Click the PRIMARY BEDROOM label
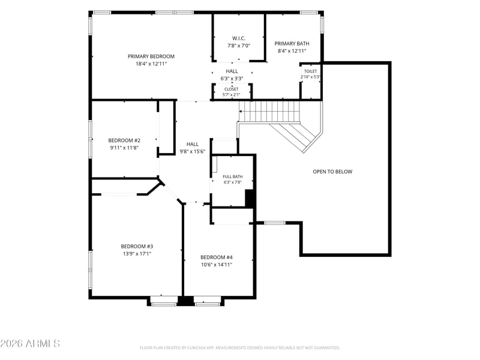(151, 56)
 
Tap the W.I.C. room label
(238, 38)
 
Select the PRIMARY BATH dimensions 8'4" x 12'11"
(292, 51)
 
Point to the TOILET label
(310, 71)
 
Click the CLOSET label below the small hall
(231, 89)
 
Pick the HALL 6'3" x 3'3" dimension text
(232, 79)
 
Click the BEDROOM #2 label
(124, 140)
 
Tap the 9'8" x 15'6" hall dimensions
(192, 151)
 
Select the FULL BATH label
(233, 176)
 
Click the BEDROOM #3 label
(137, 246)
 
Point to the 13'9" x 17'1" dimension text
(137, 253)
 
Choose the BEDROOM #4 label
(217, 257)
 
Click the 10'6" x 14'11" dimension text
(217, 265)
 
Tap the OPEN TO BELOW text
(332, 172)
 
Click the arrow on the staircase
(242, 111)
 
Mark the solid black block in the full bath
(250, 199)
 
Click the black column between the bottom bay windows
(185, 301)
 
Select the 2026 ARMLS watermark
(30, 343)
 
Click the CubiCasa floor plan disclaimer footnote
(239, 348)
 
